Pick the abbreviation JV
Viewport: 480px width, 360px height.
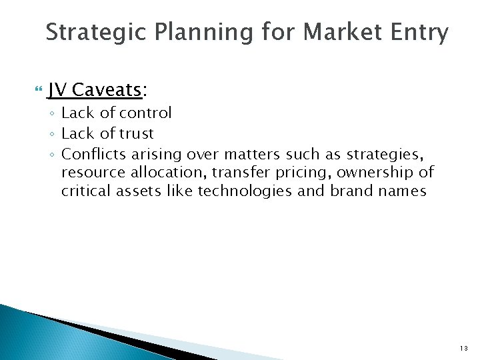point(57,89)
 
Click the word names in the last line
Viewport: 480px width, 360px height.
point(402,191)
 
